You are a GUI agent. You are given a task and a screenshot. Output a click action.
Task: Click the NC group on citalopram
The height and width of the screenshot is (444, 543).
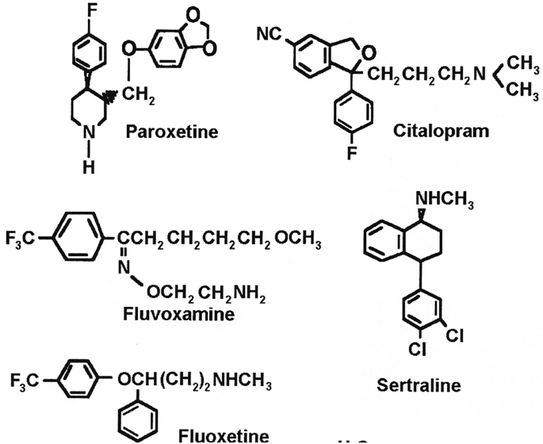(269, 33)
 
